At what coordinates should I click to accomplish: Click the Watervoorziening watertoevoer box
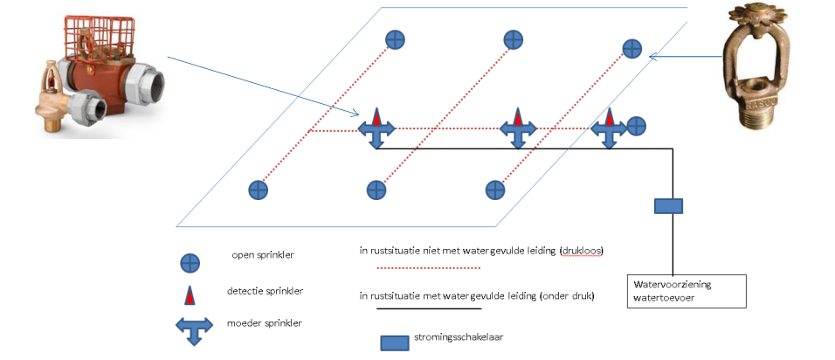[x=687, y=291]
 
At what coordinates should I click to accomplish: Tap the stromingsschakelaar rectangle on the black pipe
[x=668, y=206]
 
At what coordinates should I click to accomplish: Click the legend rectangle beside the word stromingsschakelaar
[x=395, y=342]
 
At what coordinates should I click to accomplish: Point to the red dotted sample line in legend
[x=428, y=267]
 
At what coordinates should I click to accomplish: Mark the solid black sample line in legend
[x=428, y=308]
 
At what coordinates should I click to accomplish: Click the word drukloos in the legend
[x=583, y=251]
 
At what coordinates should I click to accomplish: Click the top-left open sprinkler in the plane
[x=395, y=39]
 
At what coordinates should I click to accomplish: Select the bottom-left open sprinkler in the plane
[x=257, y=189]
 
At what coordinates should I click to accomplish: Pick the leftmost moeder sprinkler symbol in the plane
[x=376, y=129]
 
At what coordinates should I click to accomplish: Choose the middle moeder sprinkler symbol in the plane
[x=517, y=129]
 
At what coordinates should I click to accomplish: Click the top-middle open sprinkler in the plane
[x=514, y=39]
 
